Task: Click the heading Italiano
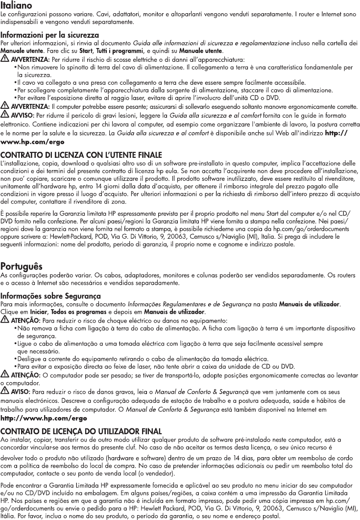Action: (x=17, y=5)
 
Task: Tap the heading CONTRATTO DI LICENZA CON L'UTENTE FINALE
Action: (x=81, y=155)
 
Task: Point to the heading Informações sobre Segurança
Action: (x=51, y=297)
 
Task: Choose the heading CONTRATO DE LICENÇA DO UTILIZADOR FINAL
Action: (x=81, y=432)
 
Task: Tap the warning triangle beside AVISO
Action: (x=5, y=391)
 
